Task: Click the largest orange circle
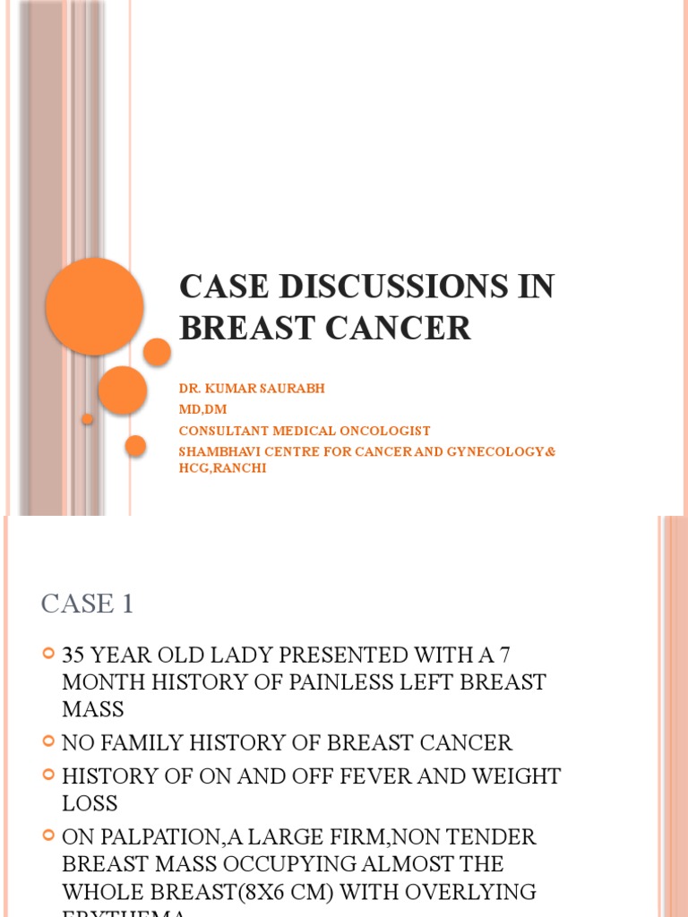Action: (x=94, y=306)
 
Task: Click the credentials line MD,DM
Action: (x=202, y=410)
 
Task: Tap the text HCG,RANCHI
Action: (x=222, y=467)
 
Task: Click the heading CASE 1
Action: (x=87, y=604)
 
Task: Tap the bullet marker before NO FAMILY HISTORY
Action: (x=49, y=741)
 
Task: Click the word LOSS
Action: (x=90, y=803)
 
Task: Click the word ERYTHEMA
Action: (x=125, y=913)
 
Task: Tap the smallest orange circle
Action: (x=87, y=419)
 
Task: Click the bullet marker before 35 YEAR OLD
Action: (x=49, y=656)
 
